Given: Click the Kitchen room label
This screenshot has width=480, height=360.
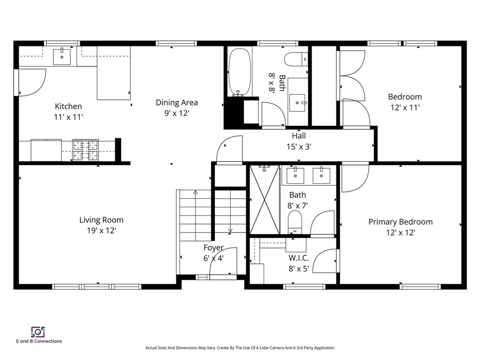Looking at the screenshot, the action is tap(68, 106).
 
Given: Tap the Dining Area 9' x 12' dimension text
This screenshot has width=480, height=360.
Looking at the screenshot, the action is tap(177, 113).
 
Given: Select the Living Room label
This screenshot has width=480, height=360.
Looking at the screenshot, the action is tap(101, 220).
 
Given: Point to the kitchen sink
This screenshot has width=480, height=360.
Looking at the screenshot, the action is tap(62, 56).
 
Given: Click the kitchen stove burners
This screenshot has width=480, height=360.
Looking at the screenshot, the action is tap(85, 150).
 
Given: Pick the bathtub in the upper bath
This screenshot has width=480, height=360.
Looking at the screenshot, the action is tap(240, 72).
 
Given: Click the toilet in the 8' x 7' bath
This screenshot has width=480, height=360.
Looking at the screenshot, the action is tap(295, 222).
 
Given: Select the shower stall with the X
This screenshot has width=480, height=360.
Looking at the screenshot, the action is tap(265, 200).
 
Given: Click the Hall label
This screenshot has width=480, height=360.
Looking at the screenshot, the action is tap(299, 135).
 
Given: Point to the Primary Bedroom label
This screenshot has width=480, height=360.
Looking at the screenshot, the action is tap(400, 222).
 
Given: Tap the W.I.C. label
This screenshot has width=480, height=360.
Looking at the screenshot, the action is tap(299, 258).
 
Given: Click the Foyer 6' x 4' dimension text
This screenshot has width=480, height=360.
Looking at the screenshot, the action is tap(214, 258).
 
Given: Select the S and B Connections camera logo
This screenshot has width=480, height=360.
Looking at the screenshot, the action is tap(38, 332).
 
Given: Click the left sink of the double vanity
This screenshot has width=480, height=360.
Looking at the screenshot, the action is tap(295, 175).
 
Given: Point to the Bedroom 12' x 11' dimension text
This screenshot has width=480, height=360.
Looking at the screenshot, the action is tap(405, 108).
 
